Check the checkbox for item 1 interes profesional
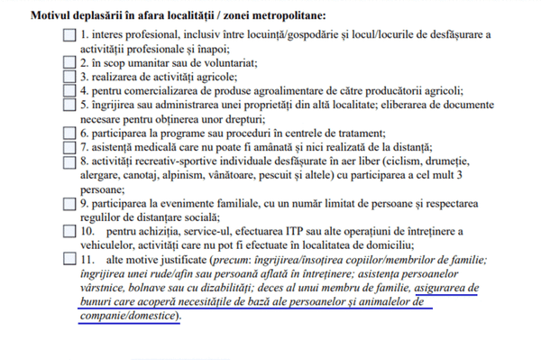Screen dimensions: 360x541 [70, 35]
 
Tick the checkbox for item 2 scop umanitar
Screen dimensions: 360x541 [70, 63]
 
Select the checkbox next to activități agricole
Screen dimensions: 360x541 [70, 77]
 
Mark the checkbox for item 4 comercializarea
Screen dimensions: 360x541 [70, 90]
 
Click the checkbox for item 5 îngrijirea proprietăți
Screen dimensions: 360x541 [70, 105]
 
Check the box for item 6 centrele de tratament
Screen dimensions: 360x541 [70, 133]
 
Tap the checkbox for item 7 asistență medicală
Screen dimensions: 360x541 [70, 147]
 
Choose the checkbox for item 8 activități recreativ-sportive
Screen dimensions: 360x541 [70, 161]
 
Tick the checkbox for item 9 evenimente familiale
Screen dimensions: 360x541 [70, 203]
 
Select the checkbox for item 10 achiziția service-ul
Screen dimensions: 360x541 [70, 231]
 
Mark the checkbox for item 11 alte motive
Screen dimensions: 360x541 [70, 259]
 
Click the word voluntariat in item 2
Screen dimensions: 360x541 [222, 63]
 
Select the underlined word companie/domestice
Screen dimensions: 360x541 [127, 315]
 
